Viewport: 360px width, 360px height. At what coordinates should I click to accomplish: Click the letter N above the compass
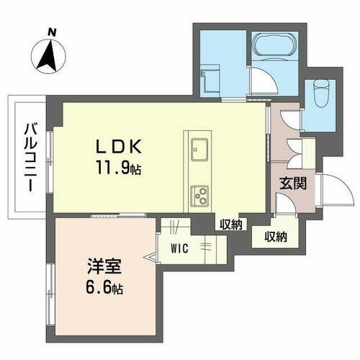tap(51, 31)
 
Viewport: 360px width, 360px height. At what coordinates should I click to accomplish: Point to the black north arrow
tap(48, 58)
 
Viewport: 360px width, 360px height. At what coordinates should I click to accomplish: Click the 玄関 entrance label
tap(292, 182)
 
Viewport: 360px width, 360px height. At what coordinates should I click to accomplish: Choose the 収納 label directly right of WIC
tap(230, 225)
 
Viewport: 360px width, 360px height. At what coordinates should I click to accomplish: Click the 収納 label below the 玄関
tap(275, 236)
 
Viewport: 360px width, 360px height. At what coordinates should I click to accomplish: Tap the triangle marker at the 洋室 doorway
tap(153, 257)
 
